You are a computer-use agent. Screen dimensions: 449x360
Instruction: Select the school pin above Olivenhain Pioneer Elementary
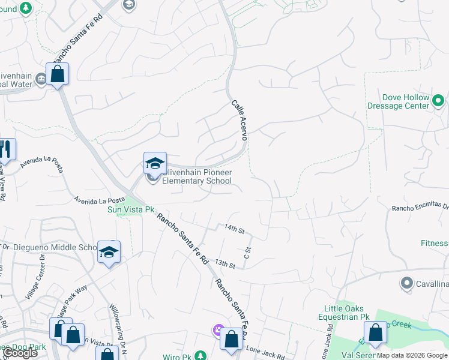(x=154, y=163)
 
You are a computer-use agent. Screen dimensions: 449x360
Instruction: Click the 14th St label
(x=234, y=229)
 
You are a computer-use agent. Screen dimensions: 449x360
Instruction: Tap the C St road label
(x=247, y=253)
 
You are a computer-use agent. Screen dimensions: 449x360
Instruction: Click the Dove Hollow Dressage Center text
(x=406, y=101)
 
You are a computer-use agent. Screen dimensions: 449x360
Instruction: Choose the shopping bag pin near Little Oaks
(x=375, y=333)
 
